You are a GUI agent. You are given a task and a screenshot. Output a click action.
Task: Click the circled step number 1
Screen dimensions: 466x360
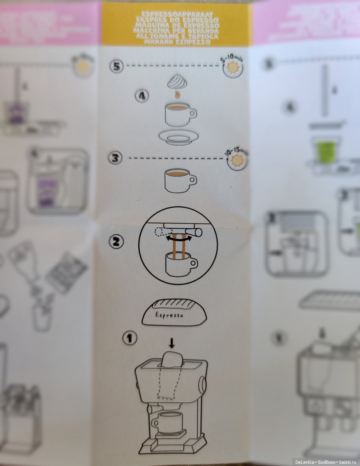tap(130, 338)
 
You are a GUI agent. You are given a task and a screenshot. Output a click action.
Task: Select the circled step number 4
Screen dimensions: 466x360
tap(142, 96)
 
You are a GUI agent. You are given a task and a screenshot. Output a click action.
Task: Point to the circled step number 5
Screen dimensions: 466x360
tap(116, 66)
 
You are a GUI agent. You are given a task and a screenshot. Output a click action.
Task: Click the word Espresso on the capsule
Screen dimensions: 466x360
tap(169, 315)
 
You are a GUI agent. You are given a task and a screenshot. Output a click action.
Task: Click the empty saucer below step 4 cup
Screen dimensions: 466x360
tap(178, 136)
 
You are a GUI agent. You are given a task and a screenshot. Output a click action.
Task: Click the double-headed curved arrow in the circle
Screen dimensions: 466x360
tap(177, 238)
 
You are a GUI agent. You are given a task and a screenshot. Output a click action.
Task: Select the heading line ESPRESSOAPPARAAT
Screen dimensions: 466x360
tap(177, 14)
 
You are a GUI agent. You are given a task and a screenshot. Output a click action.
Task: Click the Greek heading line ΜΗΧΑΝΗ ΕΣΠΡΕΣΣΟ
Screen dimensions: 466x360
tap(177, 42)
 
